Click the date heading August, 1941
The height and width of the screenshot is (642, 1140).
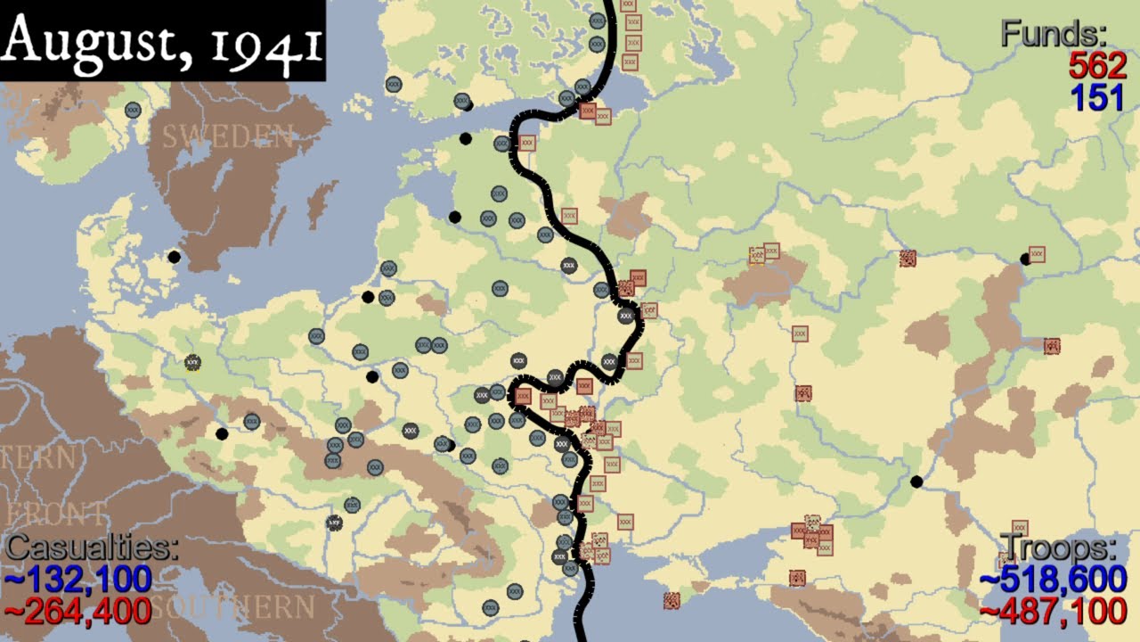coord(163,40)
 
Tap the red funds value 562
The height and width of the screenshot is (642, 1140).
coord(1097,66)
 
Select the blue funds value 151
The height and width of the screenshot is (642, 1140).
coord(1097,97)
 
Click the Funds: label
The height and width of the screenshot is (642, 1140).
coord(1054,34)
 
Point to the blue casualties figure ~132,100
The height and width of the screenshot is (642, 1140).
coord(78,580)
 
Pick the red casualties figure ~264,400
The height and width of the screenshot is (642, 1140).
coord(78,612)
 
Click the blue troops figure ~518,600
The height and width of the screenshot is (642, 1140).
coord(1054,580)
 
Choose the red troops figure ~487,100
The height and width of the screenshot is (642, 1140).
coord(1054,612)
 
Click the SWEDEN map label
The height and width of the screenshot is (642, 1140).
coord(227,136)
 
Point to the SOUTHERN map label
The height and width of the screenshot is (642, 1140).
coord(233,608)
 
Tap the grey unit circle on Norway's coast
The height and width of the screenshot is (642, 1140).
coord(133,110)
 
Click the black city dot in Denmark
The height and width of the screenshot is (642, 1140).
coord(175,257)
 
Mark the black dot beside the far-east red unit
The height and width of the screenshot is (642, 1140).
coord(1025,259)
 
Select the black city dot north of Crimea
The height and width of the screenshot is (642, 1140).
coord(916,481)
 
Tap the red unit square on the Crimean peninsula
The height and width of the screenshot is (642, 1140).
coord(797,578)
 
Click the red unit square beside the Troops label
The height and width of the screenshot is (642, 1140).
coord(1020,528)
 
